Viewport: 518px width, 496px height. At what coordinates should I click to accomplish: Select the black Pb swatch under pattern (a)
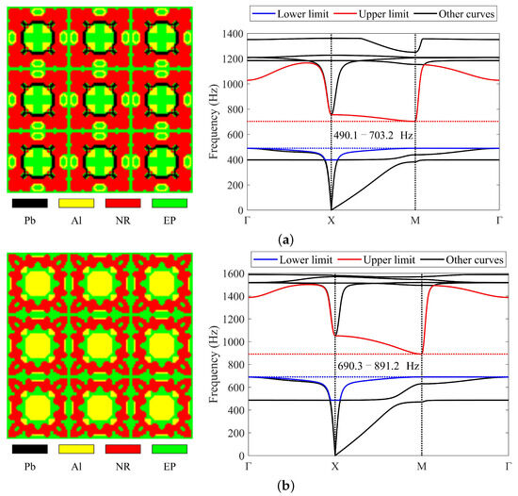click(x=32, y=201)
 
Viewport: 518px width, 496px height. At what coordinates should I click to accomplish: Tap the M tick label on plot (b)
click(x=421, y=466)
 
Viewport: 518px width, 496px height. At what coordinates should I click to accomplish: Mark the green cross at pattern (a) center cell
click(x=99, y=97)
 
